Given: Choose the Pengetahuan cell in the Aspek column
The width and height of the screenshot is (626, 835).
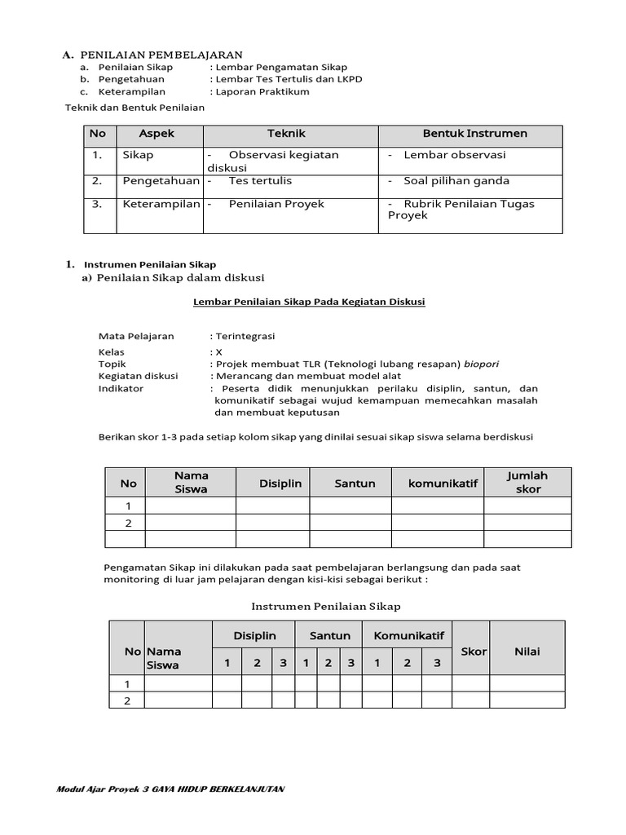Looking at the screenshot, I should [161, 180].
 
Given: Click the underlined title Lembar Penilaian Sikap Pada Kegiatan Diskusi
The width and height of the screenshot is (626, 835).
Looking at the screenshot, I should [309, 302].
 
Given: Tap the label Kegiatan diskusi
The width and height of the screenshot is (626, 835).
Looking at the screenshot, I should [138, 376].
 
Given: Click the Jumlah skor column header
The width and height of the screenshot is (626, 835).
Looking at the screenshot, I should [527, 482].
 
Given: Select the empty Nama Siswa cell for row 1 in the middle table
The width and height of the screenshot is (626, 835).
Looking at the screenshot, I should [191, 506].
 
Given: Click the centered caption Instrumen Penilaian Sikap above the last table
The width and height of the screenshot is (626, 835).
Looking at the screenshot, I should [326, 606].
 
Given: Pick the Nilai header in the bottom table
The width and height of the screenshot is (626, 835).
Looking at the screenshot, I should [527, 652].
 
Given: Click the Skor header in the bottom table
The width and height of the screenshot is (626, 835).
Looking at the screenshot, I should [474, 652].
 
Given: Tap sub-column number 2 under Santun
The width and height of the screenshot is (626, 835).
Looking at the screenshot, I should [328, 663].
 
